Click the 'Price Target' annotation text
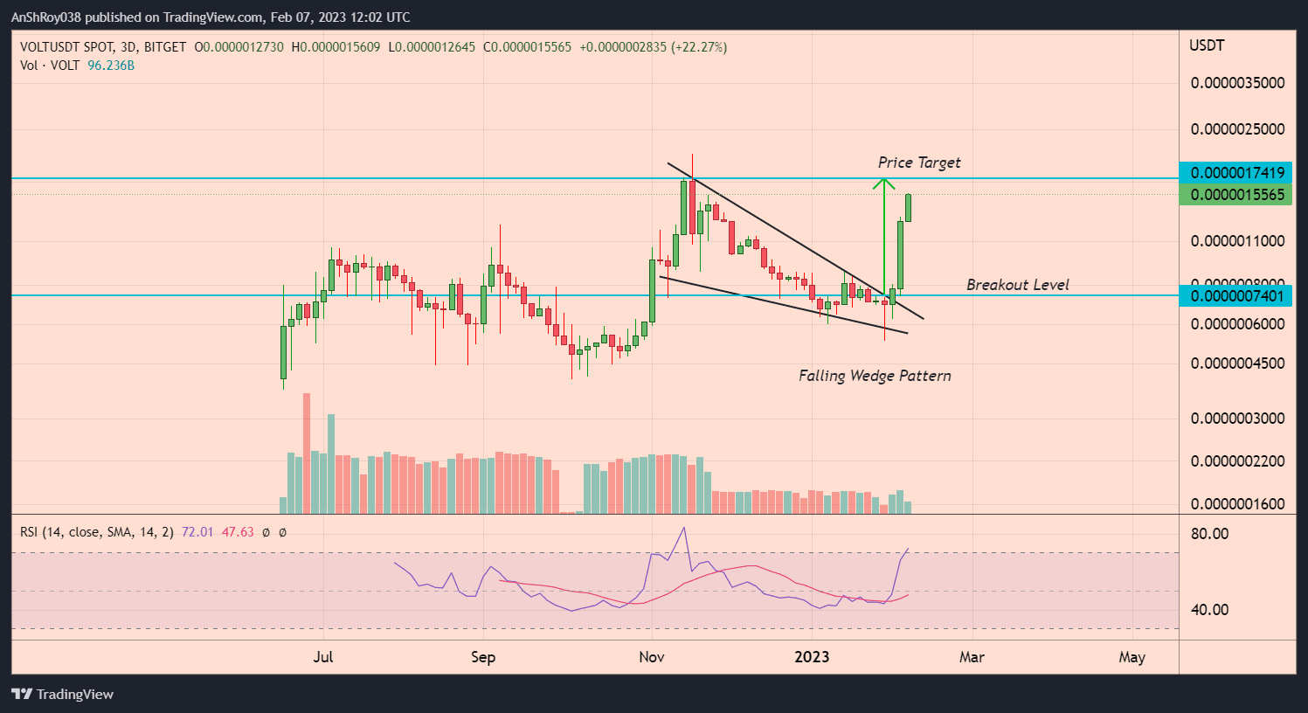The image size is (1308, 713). click(x=918, y=163)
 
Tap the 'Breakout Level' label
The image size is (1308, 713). click(x=1017, y=285)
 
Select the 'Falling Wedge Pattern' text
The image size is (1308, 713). click(x=875, y=376)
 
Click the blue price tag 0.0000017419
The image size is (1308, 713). click(x=1236, y=173)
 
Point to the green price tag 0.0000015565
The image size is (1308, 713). click(x=1236, y=195)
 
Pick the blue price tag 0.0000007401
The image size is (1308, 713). click(x=1236, y=296)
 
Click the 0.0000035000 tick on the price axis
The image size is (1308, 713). click(x=1237, y=83)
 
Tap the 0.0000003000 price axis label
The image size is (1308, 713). click(x=1237, y=419)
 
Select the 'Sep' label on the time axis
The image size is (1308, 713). click(x=483, y=657)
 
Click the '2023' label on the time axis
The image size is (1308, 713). click(x=812, y=657)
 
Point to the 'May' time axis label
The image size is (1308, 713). click(x=1132, y=657)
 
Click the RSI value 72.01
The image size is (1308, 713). click(x=197, y=532)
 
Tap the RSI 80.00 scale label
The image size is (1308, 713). click(x=1209, y=534)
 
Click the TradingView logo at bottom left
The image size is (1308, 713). click(x=63, y=694)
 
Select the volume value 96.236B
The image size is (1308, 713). click(x=111, y=66)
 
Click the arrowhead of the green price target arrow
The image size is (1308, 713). click(x=884, y=183)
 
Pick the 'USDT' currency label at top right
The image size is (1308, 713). click(x=1207, y=45)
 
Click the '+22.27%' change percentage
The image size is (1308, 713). click(x=698, y=47)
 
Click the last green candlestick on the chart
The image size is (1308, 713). click(x=909, y=208)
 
